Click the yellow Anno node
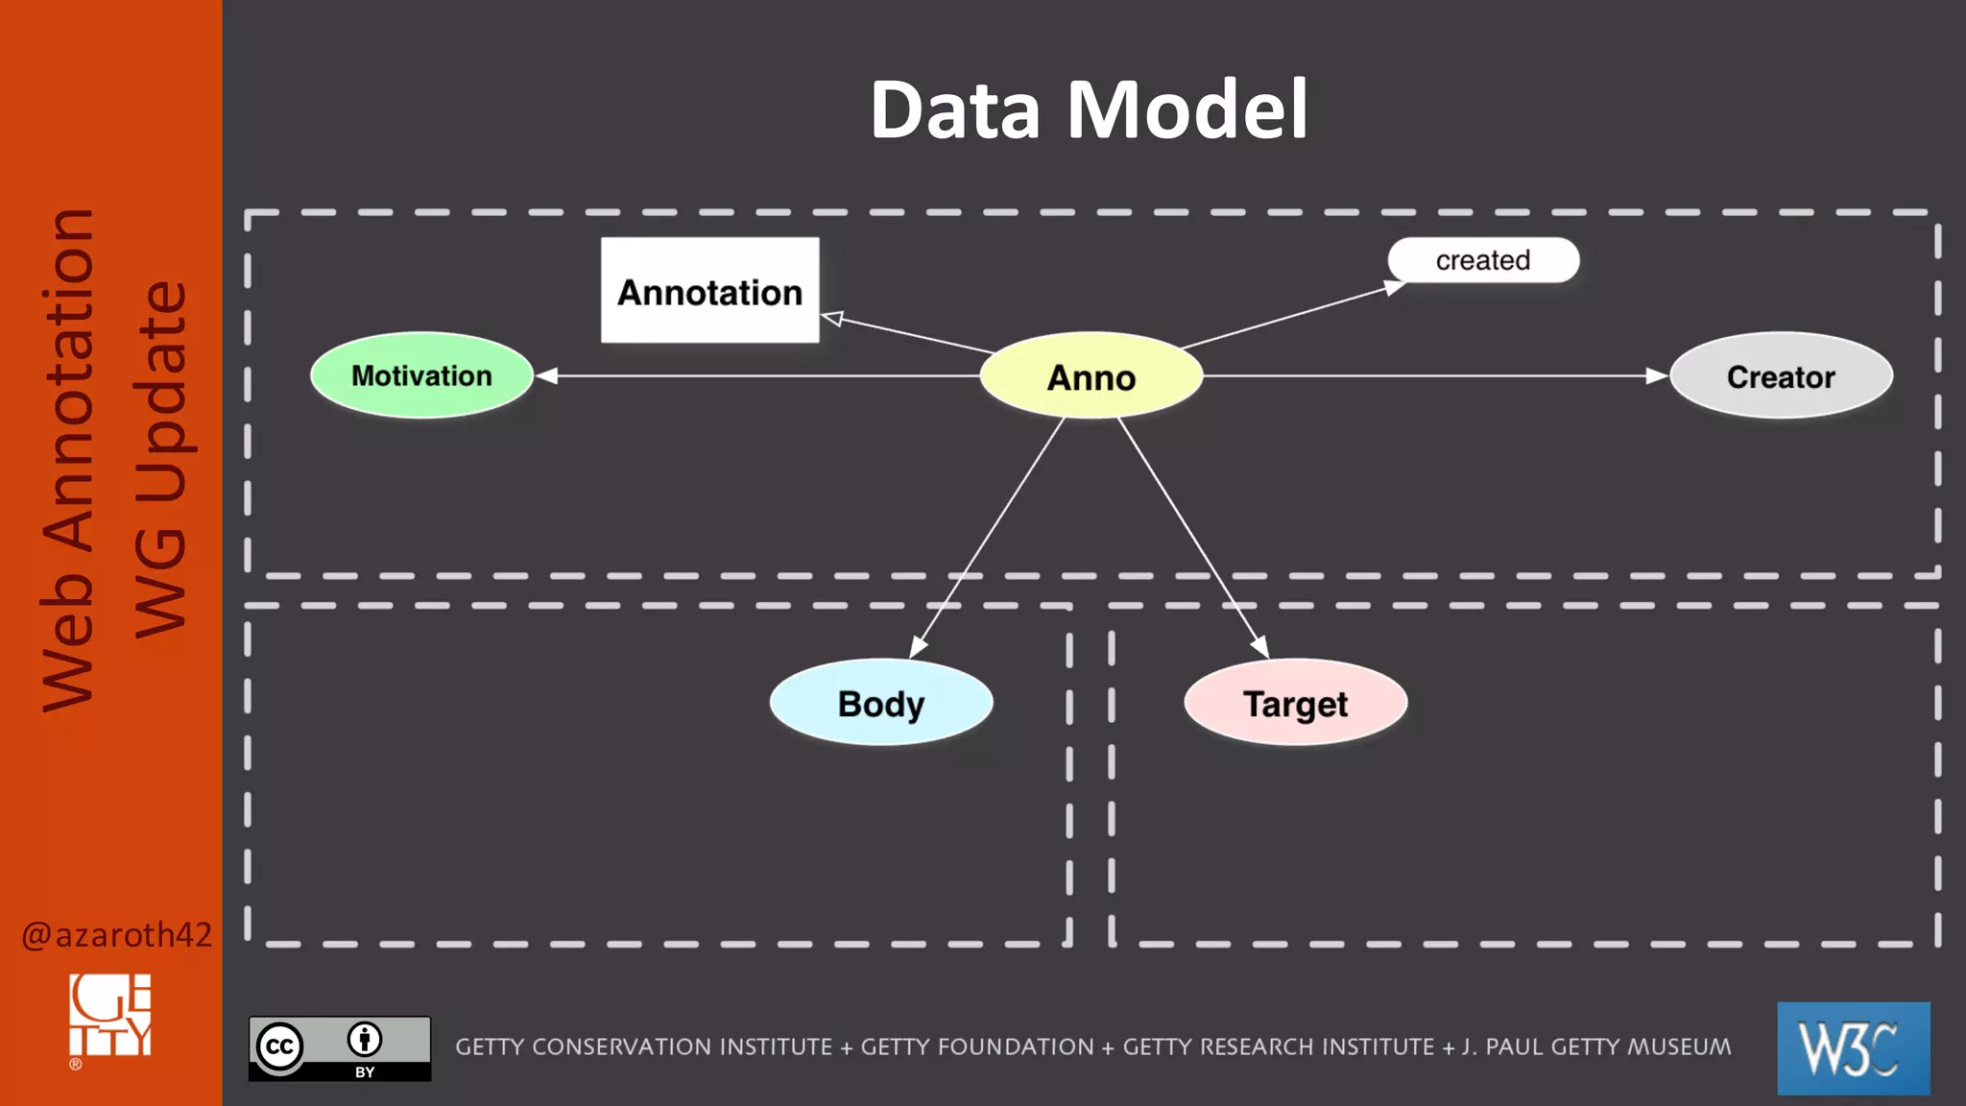(1091, 376)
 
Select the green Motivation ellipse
(421, 375)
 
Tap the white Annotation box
(709, 291)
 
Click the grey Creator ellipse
(1781, 376)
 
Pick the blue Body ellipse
(880, 703)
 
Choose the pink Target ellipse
(1295, 703)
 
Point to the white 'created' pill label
(1482, 260)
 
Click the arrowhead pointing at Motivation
(547, 375)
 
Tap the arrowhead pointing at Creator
(1656, 375)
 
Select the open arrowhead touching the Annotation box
(832, 319)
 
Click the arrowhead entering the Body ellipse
(917, 647)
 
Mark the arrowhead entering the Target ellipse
(1260, 647)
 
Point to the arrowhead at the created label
(1395, 286)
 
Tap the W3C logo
(1853, 1047)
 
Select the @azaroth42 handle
(116, 934)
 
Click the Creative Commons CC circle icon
(279, 1046)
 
